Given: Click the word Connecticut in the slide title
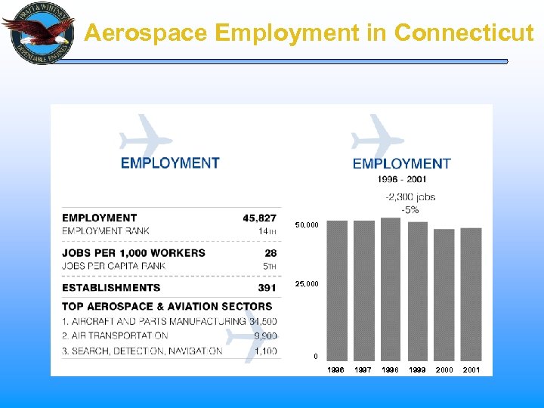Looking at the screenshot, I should point(464,33).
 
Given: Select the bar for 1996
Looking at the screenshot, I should point(337,291).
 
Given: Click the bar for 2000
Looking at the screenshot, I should point(444,295).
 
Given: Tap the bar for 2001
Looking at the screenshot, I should point(471,295).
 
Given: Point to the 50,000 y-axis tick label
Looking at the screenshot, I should point(307,225).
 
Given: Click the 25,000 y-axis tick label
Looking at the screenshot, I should point(307,284).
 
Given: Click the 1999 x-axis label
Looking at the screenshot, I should point(417,370).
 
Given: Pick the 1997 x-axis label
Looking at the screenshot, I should point(363,370).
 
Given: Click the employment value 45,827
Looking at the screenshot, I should point(259,218).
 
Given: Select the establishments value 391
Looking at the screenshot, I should point(267,288).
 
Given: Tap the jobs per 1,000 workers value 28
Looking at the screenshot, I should point(270,253).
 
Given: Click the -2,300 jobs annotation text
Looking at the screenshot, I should point(410,197).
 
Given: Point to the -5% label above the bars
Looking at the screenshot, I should point(410,209).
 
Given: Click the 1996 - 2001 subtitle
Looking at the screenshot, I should point(402,180).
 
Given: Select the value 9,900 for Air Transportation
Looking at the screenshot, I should point(264,336).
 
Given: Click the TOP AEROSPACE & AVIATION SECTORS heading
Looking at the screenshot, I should point(167,307).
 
